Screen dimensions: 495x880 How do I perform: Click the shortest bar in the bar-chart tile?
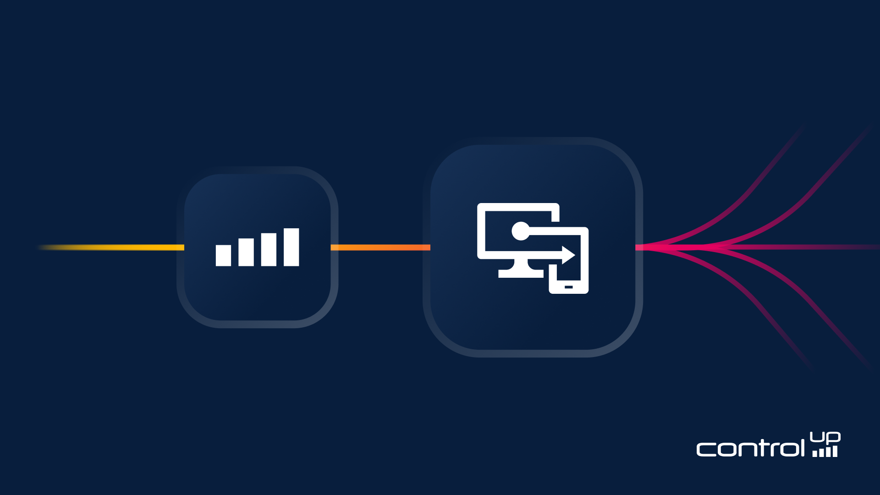(x=223, y=256)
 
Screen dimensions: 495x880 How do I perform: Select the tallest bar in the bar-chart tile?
(x=291, y=247)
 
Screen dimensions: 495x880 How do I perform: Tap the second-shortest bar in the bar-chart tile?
(x=246, y=252)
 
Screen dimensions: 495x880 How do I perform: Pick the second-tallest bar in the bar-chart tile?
(x=269, y=250)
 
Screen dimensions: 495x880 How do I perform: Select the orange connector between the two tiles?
(x=380, y=247)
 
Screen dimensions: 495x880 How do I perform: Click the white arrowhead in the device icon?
(x=568, y=255)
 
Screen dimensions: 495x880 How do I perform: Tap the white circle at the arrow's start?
(x=520, y=231)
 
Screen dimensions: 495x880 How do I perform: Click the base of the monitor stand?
(x=521, y=274)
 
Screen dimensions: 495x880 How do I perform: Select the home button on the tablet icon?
(x=568, y=287)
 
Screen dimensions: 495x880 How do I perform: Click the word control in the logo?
(x=750, y=448)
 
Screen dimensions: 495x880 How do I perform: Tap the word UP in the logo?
(x=825, y=437)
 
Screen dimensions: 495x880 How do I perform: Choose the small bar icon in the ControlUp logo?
(x=825, y=452)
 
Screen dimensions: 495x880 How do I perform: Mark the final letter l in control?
(x=802, y=447)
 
